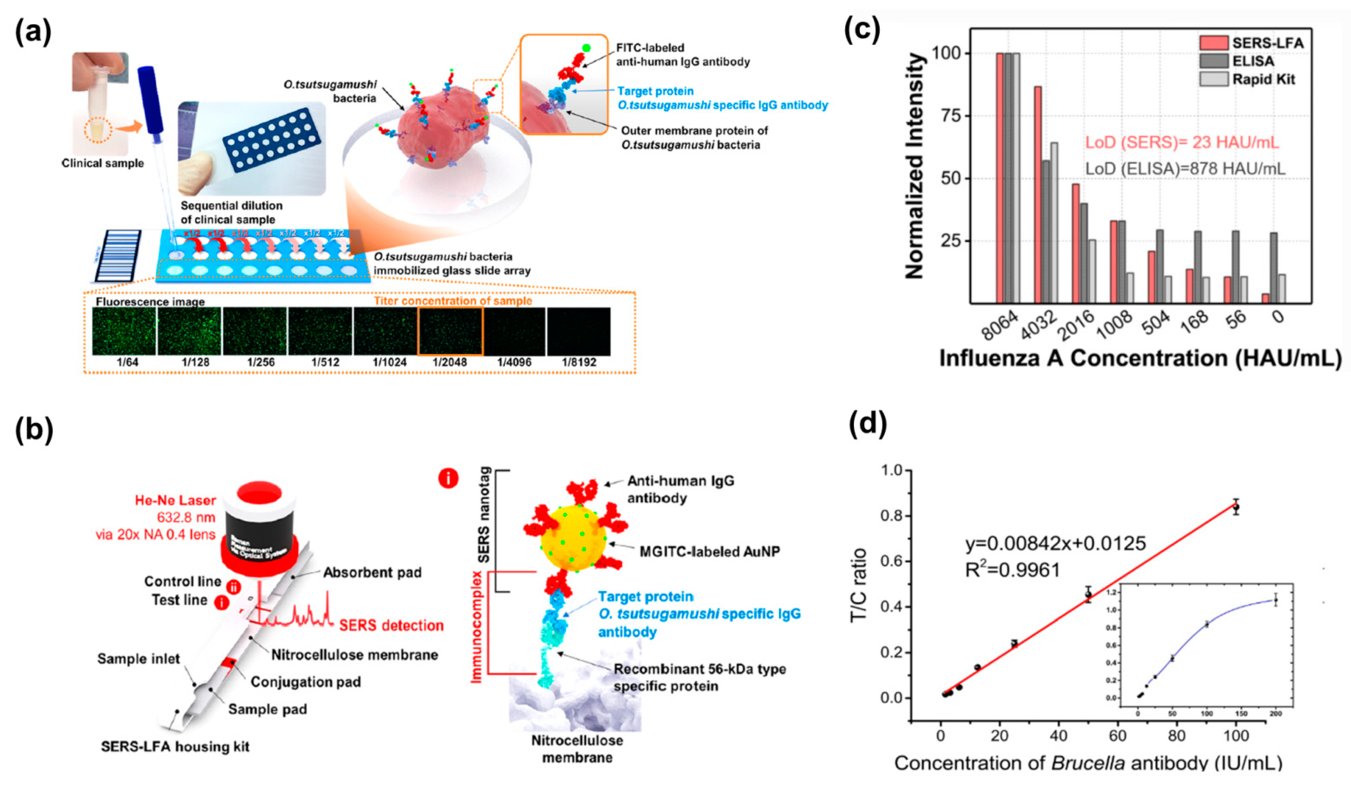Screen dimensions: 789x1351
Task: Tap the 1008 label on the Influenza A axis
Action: tap(1114, 325)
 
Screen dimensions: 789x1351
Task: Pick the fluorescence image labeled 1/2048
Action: tap(450, 332)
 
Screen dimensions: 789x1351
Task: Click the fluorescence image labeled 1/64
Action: tap(124, 332)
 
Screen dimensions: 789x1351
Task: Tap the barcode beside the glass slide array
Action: tap(118, 256)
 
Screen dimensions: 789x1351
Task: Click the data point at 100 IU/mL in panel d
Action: tap(1236, 506)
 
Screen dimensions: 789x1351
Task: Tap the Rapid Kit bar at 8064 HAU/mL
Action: tap(1016, 178)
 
